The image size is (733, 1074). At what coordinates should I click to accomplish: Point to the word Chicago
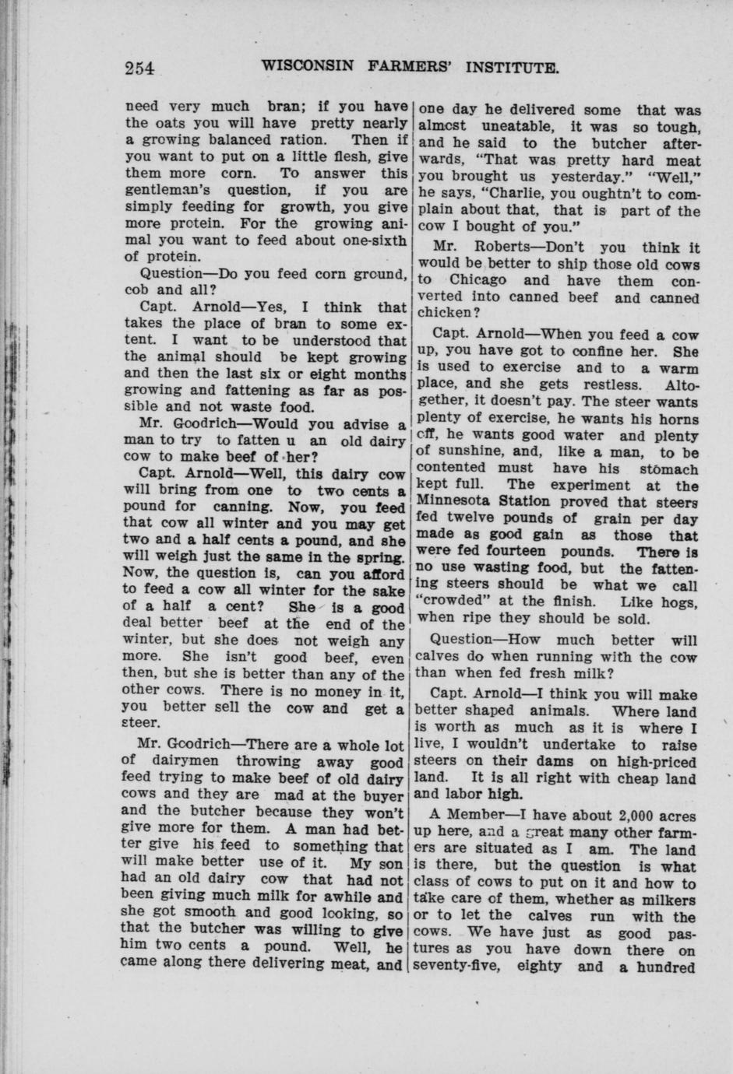[478, 280]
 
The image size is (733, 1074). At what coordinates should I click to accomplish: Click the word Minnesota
[455, 502]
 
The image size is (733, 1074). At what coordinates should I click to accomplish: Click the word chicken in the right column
[443, 313]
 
